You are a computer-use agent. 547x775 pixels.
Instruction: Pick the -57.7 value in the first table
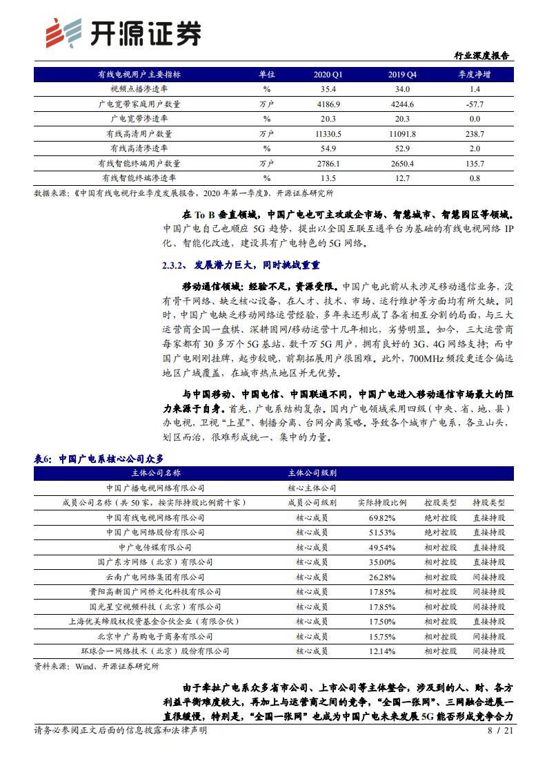point(475,104)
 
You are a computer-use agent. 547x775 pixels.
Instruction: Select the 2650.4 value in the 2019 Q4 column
point(402,164)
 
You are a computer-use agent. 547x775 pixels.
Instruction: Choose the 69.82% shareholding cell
point(382,517)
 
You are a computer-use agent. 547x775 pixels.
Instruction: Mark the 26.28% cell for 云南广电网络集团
point(382,577)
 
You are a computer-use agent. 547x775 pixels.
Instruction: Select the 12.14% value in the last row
point(382,651)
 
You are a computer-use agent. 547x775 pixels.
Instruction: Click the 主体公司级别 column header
point(312,473)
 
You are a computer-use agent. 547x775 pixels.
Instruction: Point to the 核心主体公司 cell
point(312,488)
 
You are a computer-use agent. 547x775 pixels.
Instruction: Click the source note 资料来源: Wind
point(97,667)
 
